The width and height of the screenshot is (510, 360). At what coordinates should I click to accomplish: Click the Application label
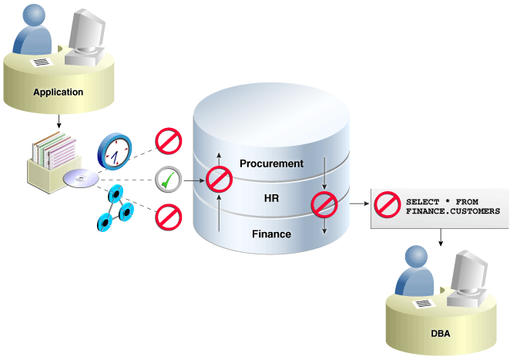pyautogui.click(x=58, y=93)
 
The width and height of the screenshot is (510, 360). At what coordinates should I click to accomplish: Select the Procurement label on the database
pyautogui.click(x=271, y=163)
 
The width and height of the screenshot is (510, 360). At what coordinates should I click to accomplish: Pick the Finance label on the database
pyautogui.click(x=270, y=233)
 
